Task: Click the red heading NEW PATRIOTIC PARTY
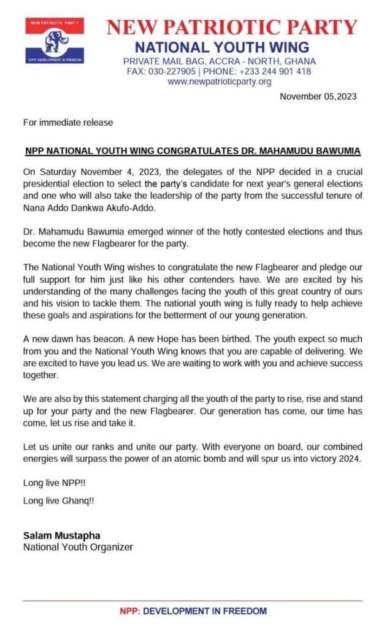point(231,27)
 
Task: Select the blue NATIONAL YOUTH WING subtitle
point(222,47)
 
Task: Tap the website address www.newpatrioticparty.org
point(220,82)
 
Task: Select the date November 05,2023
point(318,96)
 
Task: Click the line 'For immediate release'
point(68,122)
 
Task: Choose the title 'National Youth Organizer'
point(78,547)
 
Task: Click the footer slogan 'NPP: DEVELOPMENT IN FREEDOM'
point(193,611)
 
